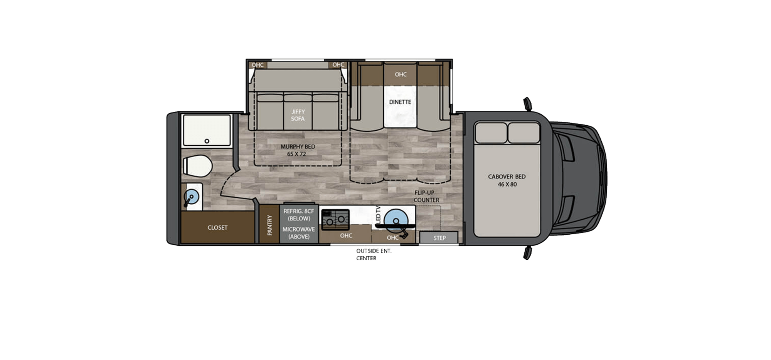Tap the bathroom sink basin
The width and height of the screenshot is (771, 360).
point(191,197)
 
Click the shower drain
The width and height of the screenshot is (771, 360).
point(207,141)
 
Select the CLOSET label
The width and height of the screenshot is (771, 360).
point(217,227)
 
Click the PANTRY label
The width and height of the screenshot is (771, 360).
point(269,225)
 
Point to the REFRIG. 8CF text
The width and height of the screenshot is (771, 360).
point(299,211)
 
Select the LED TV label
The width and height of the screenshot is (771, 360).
point(378,214)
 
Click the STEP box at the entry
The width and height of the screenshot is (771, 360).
point(439,238)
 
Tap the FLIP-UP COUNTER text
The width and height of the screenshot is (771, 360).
point(426,196)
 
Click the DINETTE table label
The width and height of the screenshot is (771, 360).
point(400,102)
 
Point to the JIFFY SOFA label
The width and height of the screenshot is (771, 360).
point(298,115)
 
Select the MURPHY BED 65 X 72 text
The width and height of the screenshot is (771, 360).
point(298,150)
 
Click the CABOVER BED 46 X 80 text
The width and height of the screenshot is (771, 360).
point(507,180)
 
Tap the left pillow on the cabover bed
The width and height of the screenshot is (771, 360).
point(491,133)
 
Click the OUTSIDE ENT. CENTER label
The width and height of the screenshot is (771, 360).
point(373,254)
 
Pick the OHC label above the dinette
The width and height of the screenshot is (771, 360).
point(401,74)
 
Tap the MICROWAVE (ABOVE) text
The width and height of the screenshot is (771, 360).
point(299,233)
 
